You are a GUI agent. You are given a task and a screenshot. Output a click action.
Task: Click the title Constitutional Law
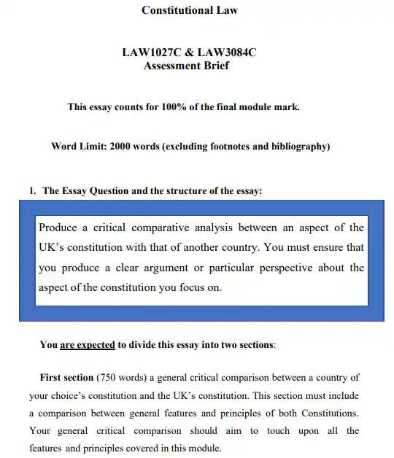[x=189, y=10]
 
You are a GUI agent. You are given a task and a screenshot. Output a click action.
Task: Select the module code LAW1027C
[x=150, y=53]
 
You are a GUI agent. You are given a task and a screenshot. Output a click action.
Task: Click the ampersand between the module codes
[x=186, y=53]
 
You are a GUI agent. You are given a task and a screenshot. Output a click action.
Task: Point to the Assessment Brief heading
[x=186, y=66]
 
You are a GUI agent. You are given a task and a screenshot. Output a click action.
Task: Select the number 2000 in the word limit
[x=120, y=147]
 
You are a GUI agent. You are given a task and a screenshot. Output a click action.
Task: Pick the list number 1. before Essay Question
[x=32, y=191]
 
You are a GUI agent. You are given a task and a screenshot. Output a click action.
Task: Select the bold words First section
[x=66, y=378]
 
